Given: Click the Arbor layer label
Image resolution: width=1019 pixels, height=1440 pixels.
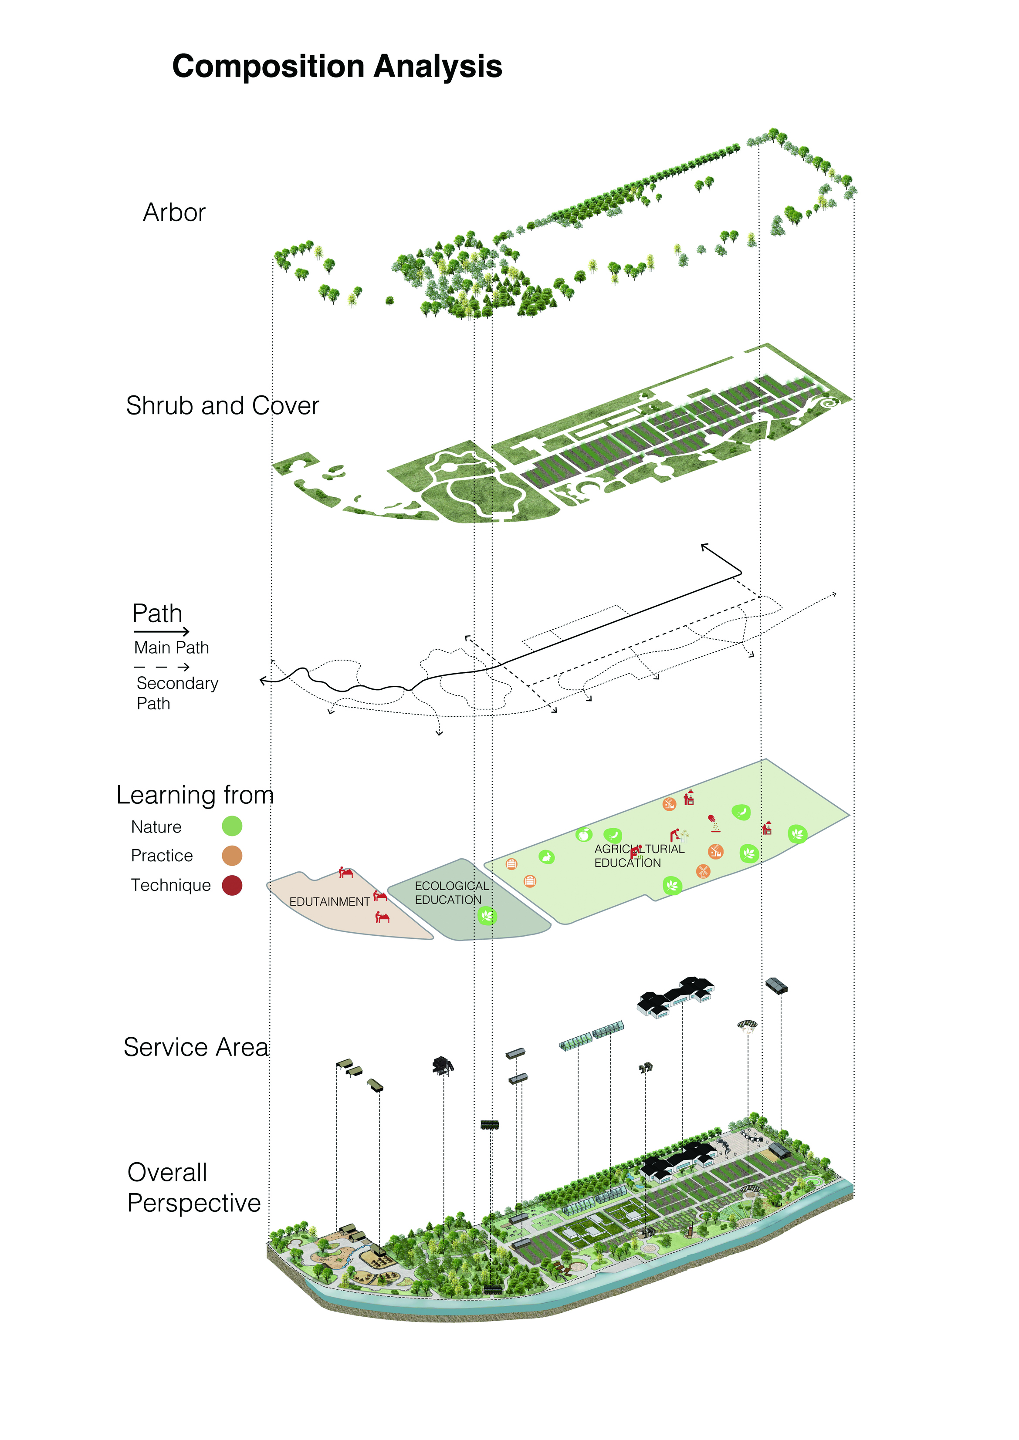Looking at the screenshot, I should tap(174, 212).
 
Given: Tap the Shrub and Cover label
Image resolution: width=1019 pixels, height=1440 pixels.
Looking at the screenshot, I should tap(222, 406).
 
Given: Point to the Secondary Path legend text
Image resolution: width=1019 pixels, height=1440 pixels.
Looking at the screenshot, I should tap(177, 693).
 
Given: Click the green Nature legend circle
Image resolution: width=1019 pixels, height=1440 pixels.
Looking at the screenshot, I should tap(232, 826).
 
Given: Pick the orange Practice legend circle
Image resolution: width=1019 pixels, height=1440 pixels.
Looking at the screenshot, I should tap(232, 856).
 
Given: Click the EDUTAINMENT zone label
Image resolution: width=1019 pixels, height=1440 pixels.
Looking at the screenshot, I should tap(329, 901).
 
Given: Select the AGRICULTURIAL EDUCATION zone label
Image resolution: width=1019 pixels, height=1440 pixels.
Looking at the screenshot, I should tap(639, 856).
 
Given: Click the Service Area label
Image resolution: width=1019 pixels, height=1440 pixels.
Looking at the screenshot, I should tap(196, 1047).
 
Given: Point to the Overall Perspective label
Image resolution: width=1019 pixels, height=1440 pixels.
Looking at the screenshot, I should tap(193, 1187).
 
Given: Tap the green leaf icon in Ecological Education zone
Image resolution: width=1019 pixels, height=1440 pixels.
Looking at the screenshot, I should tap(487, 916).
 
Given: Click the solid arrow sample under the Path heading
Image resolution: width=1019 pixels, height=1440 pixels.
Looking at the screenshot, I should tap(161, 631).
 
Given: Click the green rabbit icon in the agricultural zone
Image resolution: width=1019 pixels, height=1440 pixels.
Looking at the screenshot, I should tap(546, 857).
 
